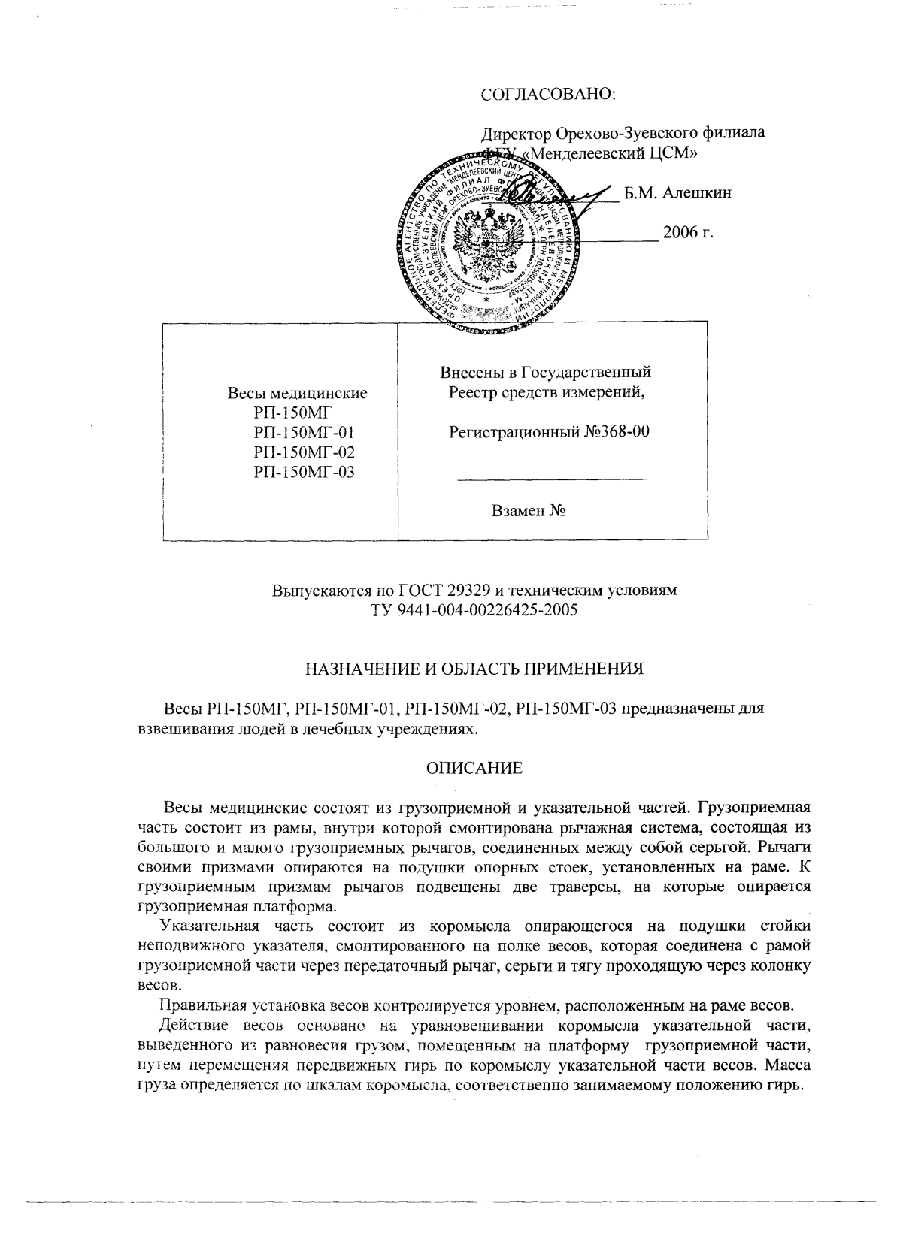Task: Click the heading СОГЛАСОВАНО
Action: point(548,95)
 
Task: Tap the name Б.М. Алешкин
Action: point(678,193)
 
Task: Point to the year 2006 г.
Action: point(687,232)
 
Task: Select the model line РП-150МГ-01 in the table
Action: point(304,433)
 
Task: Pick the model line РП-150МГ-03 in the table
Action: point(304,472)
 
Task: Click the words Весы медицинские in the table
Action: point(297,393)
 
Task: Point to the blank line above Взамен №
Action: point(551,479)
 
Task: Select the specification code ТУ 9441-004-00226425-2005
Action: point(474,610)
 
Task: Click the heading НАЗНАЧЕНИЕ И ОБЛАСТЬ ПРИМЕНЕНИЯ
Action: point(474,669)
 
